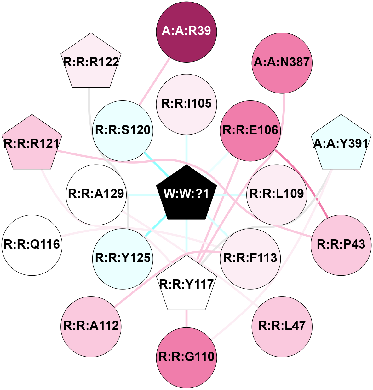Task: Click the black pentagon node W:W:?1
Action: [x=186, y=194]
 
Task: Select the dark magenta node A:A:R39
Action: [x=186, y=31]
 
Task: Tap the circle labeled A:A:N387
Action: [x=282, y=63]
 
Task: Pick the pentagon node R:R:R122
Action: [x=91, y=62]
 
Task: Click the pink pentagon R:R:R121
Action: [x=32, y=144]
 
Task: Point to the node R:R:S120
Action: [x=123, y=130]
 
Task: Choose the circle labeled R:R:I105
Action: [x=186, y=104]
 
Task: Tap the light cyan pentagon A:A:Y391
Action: [x=341, y=144]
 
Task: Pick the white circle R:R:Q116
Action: [x=32, y=245]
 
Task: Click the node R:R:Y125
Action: [x=123, y=258]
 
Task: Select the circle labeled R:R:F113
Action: [x=250, y=258]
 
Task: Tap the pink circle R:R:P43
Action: [x=341, y=245]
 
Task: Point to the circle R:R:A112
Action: [x=91, y=326]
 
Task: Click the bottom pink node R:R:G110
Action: [x=186, y=357]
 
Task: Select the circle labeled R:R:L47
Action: [x=282, y=326]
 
